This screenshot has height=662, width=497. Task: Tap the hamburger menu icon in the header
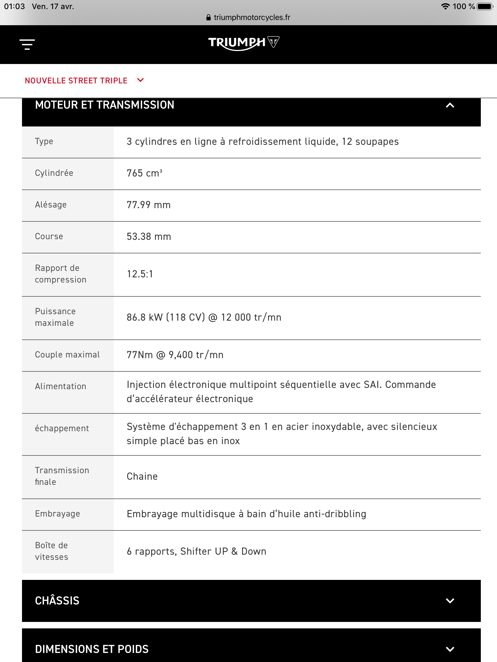pyautogui.click(x=27, y=44)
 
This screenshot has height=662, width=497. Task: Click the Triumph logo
pyautogui.click(x=243, y=43)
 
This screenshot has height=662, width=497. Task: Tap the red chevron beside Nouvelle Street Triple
pyautogui.click(x=140, y=80)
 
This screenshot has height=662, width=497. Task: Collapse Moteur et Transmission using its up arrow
pyautogui.click(x=450, y=105)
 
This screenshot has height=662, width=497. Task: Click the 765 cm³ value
pyautogui.click(x=144, y=173)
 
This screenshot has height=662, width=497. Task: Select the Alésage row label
pyautogui.click(x=51, y=205)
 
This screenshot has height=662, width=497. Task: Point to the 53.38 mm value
pyautogui.click(x=149, y=237)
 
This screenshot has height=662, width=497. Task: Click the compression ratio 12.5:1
pyautogui.click(x=140, y=274)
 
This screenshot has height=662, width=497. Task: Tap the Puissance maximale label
pyautogui.click(x=55, y=317)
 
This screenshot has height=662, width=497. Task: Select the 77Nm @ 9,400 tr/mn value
pyautogui.click(x=175, y=355)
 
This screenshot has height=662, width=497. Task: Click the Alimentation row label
pyautogui.click(x=61, y=387)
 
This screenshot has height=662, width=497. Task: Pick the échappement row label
pyautogui.click(x=62, y=429)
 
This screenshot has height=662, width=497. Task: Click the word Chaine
pyautogui.click(x=142, y=476)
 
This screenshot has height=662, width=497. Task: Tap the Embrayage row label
pyautogui.click(x=57, y=514)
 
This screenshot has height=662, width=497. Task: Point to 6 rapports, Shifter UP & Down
pyautogui.click(x=196, y=551)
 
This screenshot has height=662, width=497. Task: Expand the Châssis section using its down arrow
pyautogui.click(x=450, y=601)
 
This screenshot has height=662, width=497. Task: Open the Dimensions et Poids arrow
pyautogui.click(x=450, y=649)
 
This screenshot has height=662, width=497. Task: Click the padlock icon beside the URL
pyautogui.click(x=208, y=17)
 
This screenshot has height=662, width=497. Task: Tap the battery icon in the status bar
pyautogui.click(x=485, y=6)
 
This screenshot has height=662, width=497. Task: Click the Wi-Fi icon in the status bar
pyautogui.click(x=446, y=6)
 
